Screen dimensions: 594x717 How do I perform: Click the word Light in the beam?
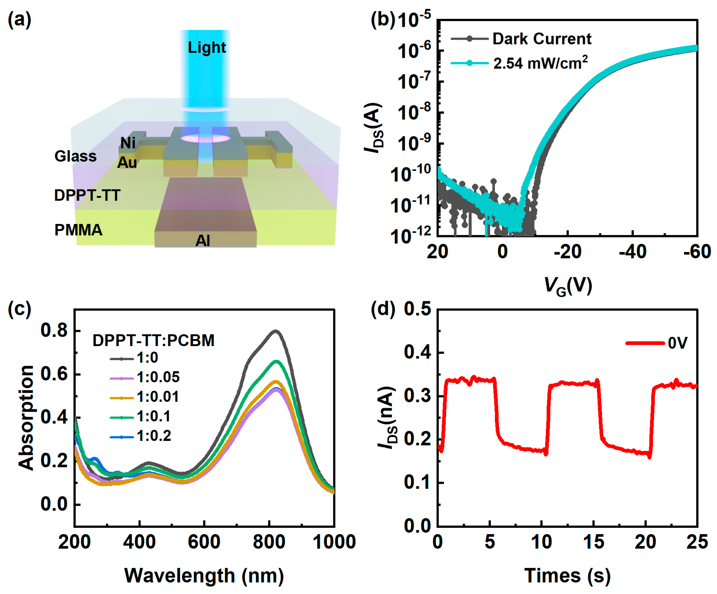(207, 47)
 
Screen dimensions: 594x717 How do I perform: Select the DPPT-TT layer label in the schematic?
(87, 195)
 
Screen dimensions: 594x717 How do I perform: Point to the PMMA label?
(79, 230)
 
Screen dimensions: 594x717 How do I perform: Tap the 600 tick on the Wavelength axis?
(204, 542)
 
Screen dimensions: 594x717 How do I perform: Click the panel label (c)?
(19, 308)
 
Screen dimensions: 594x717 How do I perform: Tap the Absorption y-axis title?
(26, 418)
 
